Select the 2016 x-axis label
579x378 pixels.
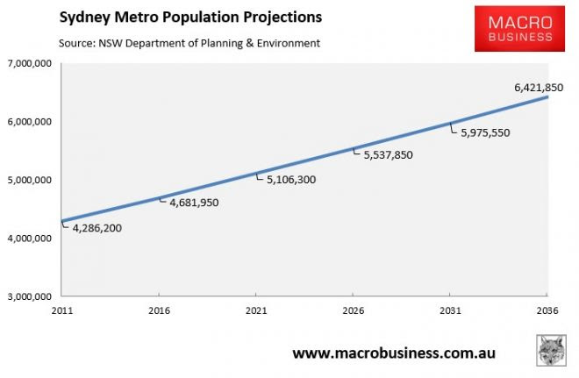pyautogui.click(x=158, y=310)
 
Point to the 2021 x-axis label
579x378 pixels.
pyautogui.click(x=255, y=310)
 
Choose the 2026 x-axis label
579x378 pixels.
pyautogui.click(x=352, y=310)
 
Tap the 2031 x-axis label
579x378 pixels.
pyautogui.click(x=449, y=310)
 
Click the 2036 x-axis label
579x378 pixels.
pyautogui.click(x=547, y=310)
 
